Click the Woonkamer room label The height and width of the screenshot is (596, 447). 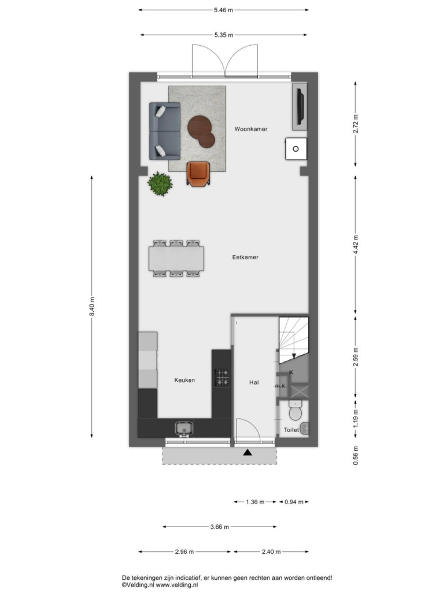tap(250, 129)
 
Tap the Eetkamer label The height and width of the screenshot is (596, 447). tap(245, 257)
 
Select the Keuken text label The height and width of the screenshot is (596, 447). tap(184, 380)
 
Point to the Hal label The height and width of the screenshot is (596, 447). tap(254, 382)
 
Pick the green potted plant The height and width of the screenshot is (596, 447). tap(160, 183)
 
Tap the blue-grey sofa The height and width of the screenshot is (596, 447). tap(164, 131)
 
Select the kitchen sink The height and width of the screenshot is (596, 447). tap(184, 429)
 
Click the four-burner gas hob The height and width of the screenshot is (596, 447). tap(222, 377)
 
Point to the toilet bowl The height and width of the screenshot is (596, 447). tap(295, 410)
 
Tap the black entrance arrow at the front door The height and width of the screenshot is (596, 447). tap(247, 452)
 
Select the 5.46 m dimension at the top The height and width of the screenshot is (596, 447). tap(223, 10)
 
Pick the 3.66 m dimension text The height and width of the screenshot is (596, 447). tap(220, 527)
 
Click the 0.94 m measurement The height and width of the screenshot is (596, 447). tap(294, 502)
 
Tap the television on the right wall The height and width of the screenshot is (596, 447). tap(300, 106)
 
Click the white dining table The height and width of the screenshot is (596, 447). tap(176, 259)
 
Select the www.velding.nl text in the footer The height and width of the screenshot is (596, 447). tap(176, 585)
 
